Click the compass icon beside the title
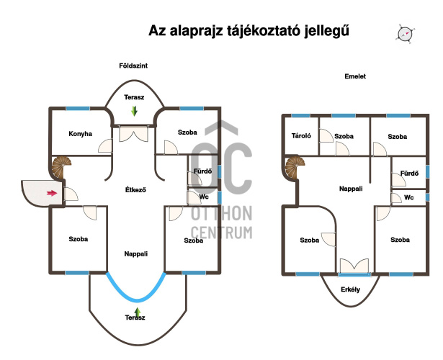pos(406,34)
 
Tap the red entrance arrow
pos(52,193)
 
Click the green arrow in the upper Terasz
pos(134,111)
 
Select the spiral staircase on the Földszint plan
pos(61,167)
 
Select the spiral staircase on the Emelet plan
pos(295,168)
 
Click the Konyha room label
pos(80,133)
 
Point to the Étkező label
pos(135,190)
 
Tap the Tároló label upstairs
pos(301,136)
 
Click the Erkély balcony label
pos(350,289)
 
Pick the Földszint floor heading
pos(133,66)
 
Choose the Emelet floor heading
pos(355,76)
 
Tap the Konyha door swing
pos(105,146)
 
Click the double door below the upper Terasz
pos(134,134)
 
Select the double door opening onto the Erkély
pos(354,266)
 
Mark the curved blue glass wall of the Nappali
pos(136,300)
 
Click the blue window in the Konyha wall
pos(78,109)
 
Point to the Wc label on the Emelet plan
pos(409,197)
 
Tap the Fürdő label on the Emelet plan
pos(409,173)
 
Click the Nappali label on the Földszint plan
pos(136,254)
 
